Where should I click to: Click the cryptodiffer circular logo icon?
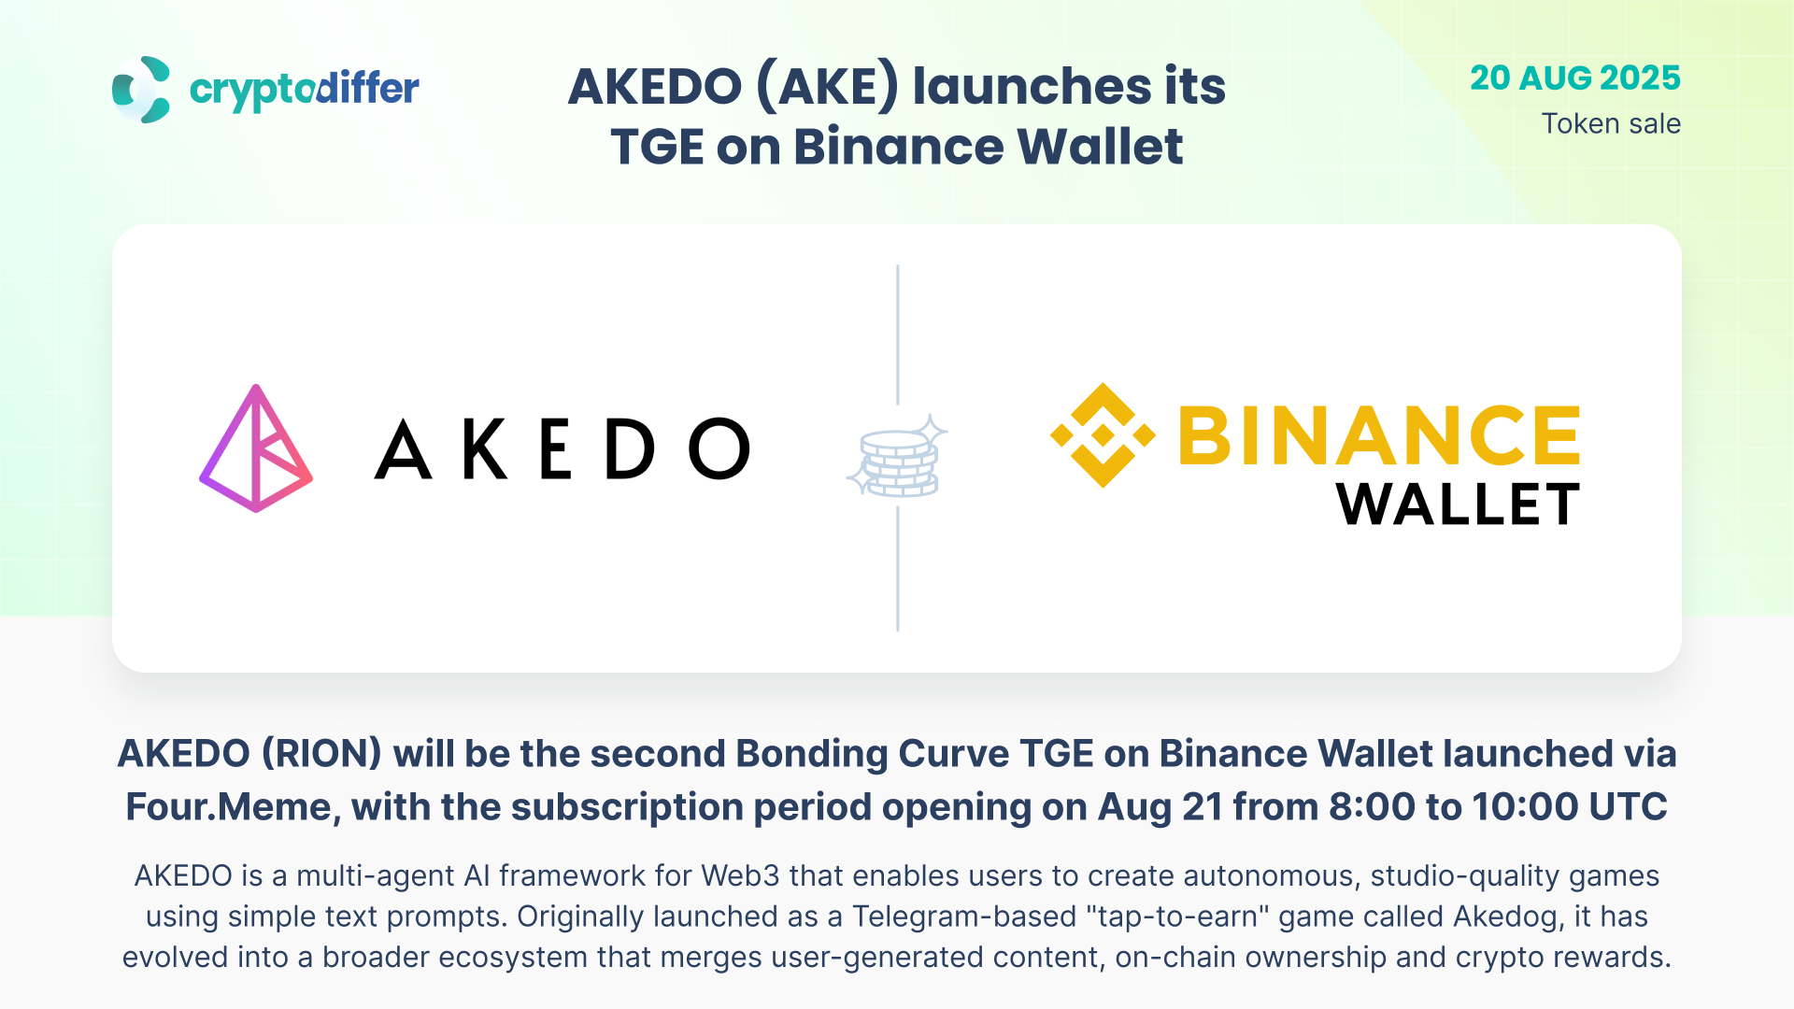click(141, 90)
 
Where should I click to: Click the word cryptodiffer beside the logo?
click(304, 91)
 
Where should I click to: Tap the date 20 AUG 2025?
click(1575, 78)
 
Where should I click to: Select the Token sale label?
click(1611, 123)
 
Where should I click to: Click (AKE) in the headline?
click(827, 86)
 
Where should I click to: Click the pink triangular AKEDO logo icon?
click(256, 448)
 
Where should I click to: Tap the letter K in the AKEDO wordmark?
click(485, 448)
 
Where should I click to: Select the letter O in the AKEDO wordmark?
click(719, 448)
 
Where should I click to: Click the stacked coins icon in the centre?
click(897, 457)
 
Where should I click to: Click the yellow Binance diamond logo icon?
click(1103, 434)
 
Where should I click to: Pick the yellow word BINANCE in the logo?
click(1379, 434)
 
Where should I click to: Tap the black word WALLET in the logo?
click(1458, 504)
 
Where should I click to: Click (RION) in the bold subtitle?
click(321, 754)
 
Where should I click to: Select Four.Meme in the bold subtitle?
click(233, 807)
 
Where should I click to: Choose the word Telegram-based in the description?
click(964, 917)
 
